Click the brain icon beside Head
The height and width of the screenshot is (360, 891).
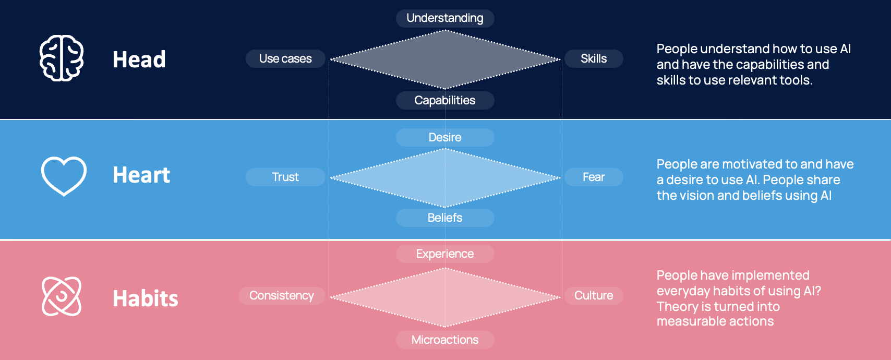click(x=62, y=58)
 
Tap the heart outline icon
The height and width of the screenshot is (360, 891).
click(x=64, y=176)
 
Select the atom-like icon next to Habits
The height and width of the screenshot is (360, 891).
click(x=62, y=296)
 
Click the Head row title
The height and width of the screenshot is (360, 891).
click(x=139, y=59)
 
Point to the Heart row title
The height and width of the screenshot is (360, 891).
click(x=141, y=175)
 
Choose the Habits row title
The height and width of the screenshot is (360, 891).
click(x=146, y=298)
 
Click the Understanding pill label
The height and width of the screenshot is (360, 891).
click(x=445, y=18)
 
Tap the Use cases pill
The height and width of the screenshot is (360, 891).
click(x=285, y=58)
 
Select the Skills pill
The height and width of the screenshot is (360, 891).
click(x=594, y=58)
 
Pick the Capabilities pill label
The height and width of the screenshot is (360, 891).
click(x=445, y=100)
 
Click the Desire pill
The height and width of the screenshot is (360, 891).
click(x=445, y=137)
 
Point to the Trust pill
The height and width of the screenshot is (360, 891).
click(x=285, y=177)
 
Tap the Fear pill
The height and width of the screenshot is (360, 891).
click(x=594, y=177)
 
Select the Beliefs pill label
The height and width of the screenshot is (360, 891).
click(x=445, y=218)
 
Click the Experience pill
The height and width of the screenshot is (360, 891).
click(x=445, y=254)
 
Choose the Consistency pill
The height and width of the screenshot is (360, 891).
click(x=282, y=295)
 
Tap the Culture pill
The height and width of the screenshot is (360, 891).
click(x=594, y=295)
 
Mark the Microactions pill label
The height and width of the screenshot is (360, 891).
click(x=445, y=340)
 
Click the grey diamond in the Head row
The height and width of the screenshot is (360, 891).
click(x=445, y=59)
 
